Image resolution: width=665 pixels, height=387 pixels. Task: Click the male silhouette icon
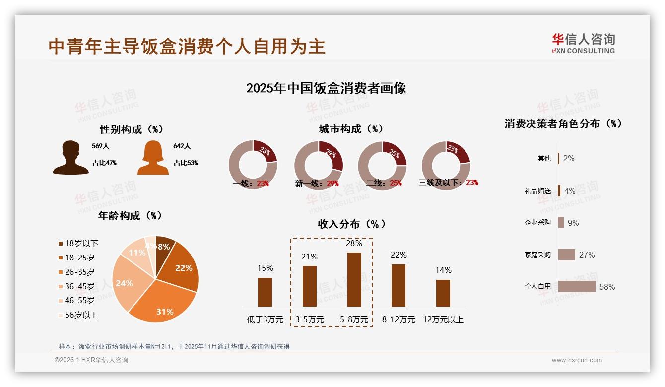(70, 158)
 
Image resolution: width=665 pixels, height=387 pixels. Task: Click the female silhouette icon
(153, 158)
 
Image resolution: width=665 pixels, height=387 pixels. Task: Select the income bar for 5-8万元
(354, 279)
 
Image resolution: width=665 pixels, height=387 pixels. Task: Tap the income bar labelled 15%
(265, 292)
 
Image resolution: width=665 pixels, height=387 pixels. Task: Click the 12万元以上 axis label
(443, 320)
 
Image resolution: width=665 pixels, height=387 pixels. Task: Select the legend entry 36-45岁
(79, 286)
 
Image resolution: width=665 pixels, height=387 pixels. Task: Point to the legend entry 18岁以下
(81, 244)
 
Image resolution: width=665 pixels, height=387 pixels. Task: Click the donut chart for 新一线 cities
(318, 165)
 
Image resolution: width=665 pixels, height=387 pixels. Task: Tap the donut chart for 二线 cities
(382, 165)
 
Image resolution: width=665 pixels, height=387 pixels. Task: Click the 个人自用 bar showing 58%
(576, 287)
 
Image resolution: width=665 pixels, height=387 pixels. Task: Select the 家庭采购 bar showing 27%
(566, 255)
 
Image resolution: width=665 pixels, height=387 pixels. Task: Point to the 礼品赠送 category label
(537, 191)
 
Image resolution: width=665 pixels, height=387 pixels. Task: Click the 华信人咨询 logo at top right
(583, 43)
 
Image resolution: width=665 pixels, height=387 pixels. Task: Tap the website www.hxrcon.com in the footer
(576, 360)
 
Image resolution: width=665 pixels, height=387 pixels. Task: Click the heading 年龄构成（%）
(130, 216)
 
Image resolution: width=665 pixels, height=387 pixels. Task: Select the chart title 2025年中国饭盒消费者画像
(326, 88)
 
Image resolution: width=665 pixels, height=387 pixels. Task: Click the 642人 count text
(182, 146)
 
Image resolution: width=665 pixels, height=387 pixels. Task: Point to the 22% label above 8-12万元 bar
(398, 255)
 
